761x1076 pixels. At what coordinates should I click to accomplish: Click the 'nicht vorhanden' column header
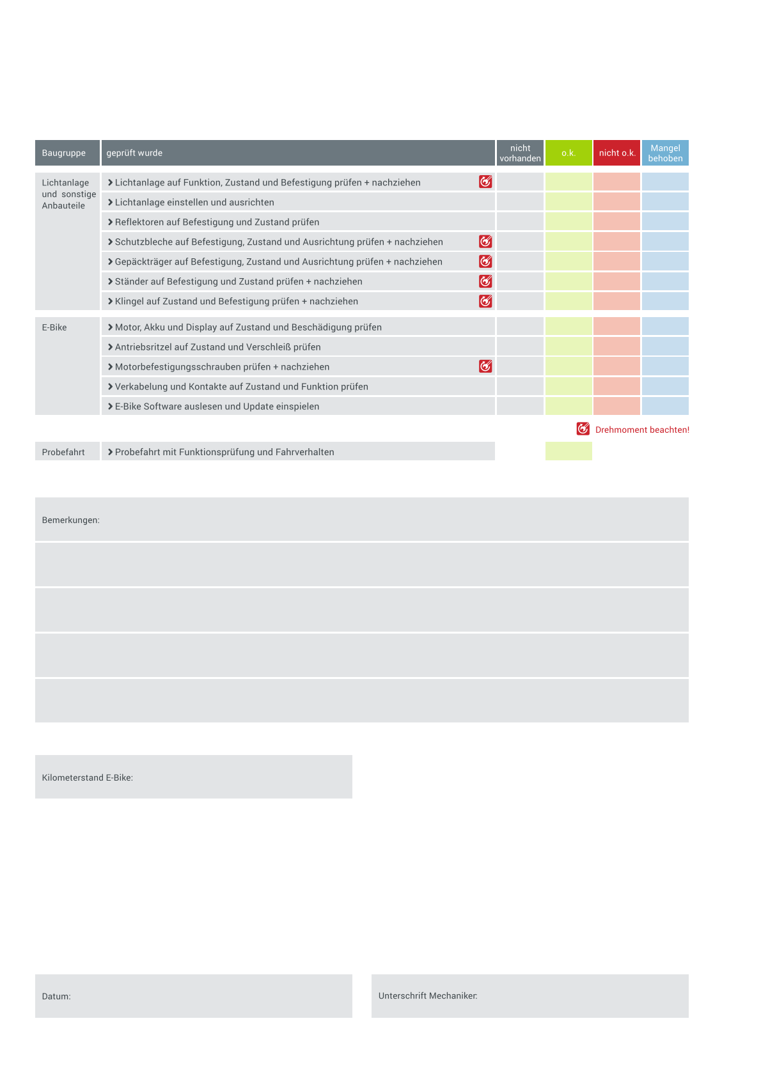tap(520, 153)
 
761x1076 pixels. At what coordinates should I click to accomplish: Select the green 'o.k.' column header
tap(569, 153)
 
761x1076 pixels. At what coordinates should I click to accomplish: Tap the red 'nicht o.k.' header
tap(616, 153)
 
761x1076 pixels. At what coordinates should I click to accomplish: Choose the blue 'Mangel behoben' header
tap(665, 153)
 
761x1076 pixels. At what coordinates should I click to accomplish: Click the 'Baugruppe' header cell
tap(64, 153)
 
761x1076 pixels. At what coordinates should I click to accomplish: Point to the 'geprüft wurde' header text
tap(134, 153)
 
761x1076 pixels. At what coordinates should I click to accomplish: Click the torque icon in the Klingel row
tap(485, 301)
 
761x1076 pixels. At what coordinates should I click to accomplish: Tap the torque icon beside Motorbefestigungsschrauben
tap(485, 366)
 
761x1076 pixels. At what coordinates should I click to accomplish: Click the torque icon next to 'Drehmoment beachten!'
tap(583, 429)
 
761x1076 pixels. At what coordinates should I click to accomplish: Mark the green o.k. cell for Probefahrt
tap(569, 451)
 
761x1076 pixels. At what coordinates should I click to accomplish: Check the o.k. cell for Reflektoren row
tap(569, 222)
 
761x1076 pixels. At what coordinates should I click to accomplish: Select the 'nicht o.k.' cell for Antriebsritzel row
tap(616, 347)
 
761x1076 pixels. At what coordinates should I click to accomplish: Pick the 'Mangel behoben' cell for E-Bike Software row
tap(665, 406)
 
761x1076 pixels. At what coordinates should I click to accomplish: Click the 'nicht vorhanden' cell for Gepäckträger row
tap(520, 261)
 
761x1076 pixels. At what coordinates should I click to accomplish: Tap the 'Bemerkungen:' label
tap(71, 520)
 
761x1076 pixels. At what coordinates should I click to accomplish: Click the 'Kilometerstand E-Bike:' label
tap(88, 778)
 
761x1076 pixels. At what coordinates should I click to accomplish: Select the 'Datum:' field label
tap(56, 997)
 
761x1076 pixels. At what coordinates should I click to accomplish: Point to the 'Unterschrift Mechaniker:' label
tap(428, 996)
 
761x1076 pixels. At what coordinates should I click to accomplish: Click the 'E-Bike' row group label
tap(54, 327)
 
